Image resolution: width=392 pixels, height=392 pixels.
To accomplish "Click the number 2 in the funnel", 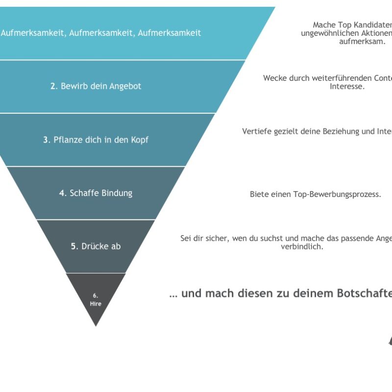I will (x=53, y=86).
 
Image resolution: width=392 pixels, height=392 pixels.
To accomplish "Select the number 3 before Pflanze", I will (x=46, y=140).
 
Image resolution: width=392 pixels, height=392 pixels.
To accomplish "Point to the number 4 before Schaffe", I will (x=62, y=193).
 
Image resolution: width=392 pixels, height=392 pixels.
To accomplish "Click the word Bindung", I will (x=117, y=193).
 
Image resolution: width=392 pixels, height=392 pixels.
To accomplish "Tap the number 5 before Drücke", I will (x=74, y=246).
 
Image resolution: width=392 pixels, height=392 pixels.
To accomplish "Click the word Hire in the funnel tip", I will (x=96, y=304).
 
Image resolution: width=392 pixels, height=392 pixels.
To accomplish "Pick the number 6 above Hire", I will (x=96, y=296).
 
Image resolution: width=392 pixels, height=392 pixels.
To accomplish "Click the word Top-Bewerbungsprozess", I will (x=337, y=194).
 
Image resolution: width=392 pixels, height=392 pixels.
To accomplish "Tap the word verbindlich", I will (x=302, y=246).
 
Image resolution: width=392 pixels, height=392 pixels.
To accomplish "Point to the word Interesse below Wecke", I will (x=347, y=87).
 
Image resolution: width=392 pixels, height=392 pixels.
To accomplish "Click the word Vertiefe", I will (x=256, y=131).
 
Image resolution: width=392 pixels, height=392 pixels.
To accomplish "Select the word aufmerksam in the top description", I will (x=362, y=42).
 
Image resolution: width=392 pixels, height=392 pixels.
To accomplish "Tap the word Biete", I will (x=260, y=194).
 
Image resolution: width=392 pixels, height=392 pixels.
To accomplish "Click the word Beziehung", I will (x=338, y=131).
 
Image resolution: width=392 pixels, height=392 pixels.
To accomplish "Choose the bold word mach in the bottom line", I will (x=219, y=294).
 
